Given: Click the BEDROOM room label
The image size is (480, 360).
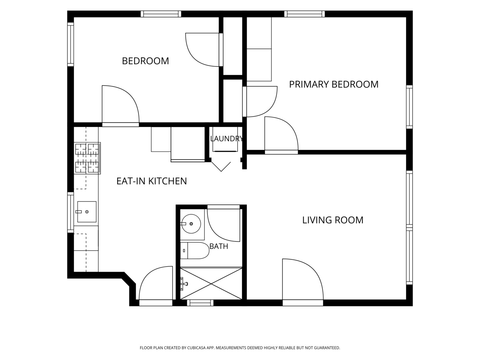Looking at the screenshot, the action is tap(145, 61).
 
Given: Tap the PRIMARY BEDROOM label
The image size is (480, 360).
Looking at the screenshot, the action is tap(334, 84).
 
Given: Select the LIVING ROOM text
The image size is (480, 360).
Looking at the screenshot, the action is tap(333, 220).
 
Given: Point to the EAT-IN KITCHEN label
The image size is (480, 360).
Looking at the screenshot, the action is tap(152, 181).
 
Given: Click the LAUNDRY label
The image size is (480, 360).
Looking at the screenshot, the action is tap(227, 139).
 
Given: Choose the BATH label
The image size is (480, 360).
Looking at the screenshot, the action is tap(219, 246).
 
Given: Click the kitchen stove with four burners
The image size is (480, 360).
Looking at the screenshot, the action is tap(87, 158).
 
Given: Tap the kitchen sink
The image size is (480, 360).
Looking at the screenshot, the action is tap(87, 212).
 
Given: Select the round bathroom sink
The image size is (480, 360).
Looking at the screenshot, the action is tap(191, 224).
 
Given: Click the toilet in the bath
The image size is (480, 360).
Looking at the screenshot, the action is tap(195, 250).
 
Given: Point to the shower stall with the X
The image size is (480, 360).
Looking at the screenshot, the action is tap(211, 283).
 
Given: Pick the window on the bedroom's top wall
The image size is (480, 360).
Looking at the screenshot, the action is tap(161, 14).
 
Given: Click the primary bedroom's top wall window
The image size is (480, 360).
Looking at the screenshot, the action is tap(304, 14).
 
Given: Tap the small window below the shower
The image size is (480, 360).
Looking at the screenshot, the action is tap(200, 303).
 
